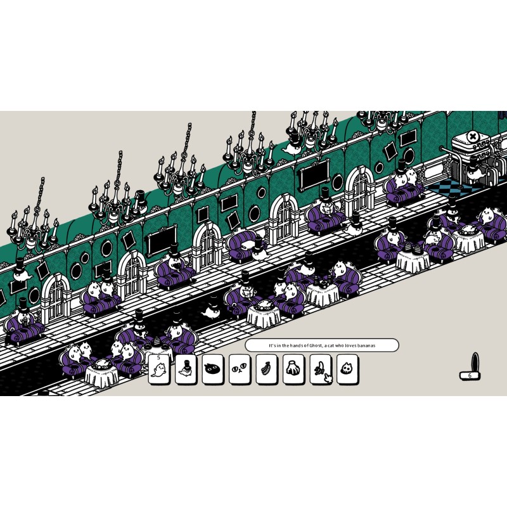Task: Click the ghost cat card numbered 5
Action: coord(159,369)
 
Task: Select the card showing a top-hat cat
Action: coord(186,369)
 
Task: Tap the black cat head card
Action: coord(213,369)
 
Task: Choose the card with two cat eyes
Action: coord(240,369)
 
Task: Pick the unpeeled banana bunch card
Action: coord(266,369)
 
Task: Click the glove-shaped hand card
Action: coord(293,369)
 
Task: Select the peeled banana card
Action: coord(321,369)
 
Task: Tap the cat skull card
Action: coord(347,369)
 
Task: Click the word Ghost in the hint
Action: coord(316,345)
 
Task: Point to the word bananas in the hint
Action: coord(367,345)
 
